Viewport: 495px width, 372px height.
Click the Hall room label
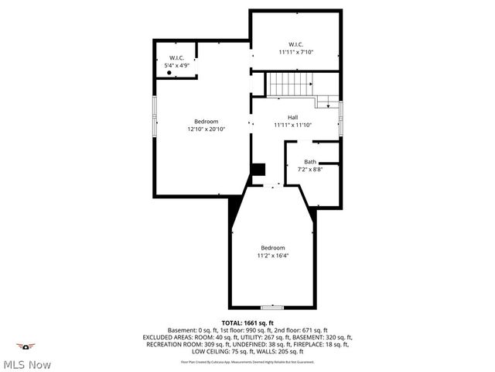[x=293, y=117]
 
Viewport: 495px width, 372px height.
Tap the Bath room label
[x=309, y=161]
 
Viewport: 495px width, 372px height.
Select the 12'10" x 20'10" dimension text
[x=207, y=129]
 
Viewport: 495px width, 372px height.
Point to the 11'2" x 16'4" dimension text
[x=274, y=254]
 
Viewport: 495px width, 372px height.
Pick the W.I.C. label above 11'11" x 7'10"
[x=296, y=44]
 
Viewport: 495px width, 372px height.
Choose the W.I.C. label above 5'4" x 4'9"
[x=177, y=58]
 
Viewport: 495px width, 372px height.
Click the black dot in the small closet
[x=169, y=72]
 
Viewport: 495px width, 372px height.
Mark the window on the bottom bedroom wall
[x=272, y=307]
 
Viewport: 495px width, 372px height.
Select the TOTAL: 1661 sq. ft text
[x=247, y=322]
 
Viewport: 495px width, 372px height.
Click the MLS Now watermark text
[x=27, y=364]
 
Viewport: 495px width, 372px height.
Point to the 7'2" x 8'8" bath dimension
[x=309, y=169]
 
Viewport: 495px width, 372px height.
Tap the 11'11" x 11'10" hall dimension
[x=293, y=125]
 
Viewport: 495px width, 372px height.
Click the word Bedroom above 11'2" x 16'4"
[x=273, y=246]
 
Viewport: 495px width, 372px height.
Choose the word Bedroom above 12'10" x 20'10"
[x=207, y=122]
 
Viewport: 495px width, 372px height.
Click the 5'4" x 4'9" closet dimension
[x=177, y=66]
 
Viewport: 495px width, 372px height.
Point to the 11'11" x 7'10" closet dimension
[x=296, y=52]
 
